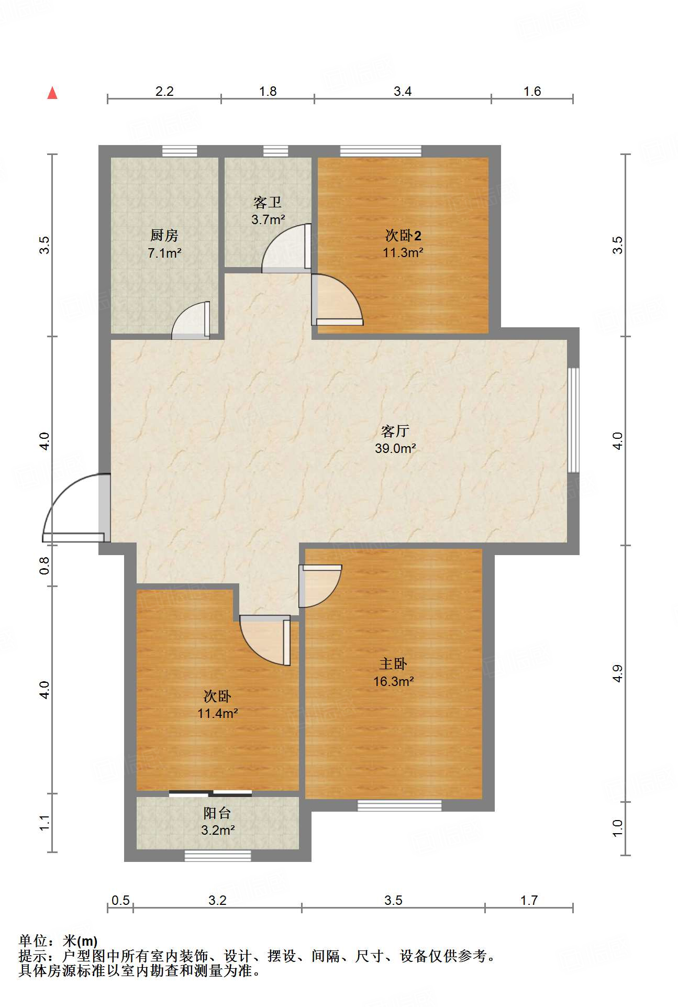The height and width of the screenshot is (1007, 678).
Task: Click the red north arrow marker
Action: (52, 93)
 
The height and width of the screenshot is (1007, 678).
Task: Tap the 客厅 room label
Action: (395, 431)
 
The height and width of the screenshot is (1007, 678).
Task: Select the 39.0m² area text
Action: (395, 448)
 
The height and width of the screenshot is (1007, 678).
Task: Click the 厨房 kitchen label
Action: (164, 236)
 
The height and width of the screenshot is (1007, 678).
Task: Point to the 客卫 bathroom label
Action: (268, 202)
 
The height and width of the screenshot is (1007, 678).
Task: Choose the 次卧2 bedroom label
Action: (403, 236)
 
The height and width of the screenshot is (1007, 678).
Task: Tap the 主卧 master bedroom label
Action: (393, 664)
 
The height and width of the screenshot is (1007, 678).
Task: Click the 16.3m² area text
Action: (393, 681)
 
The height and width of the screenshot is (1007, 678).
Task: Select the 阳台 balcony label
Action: (217, 813)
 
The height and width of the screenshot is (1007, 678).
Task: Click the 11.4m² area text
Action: (217, 713)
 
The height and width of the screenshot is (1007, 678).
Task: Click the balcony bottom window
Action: (218, 856)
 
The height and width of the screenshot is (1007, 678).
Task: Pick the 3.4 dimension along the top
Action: (403, 92)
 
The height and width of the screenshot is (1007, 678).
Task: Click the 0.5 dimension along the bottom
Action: (120, 900)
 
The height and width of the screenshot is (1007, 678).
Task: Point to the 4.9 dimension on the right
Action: (618, 673)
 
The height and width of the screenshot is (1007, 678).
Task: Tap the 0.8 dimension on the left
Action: (45, 566)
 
